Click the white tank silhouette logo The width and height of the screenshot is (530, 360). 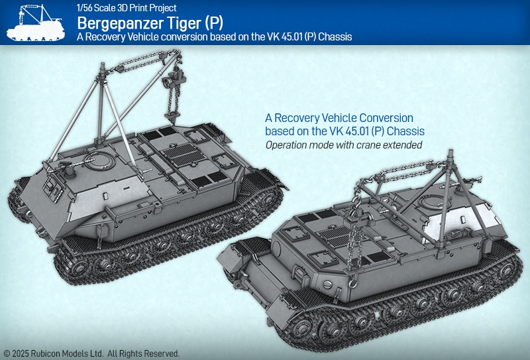click(x=36, y=23)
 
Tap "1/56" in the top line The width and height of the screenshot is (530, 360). click(x=85, y=7)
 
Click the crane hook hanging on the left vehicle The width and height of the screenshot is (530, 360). click(x=172, y=117)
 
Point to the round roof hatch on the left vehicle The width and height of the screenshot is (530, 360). click(x=100, y=160)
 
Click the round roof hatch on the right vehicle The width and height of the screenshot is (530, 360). click(x=434, y=202)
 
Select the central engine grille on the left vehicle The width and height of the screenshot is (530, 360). click(x=184, y=154)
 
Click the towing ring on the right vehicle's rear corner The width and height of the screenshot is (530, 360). click(x=352, y=283)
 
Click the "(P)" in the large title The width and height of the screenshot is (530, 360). click(x=213, y=24)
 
